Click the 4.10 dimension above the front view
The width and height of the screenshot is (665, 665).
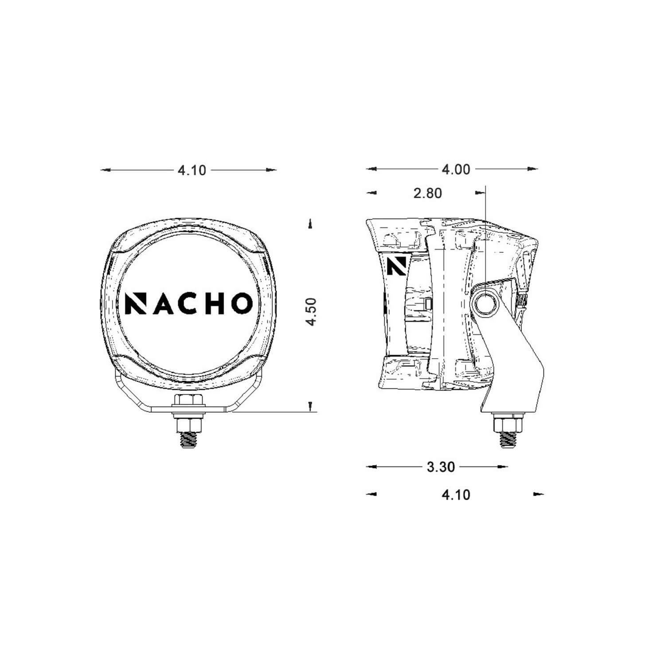point(192,170)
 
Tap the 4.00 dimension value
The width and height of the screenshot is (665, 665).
point(456,169)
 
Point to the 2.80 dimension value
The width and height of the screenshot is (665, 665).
point(427,193)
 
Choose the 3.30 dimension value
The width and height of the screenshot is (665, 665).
point(441,467)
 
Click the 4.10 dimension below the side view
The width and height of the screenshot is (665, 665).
point(456,494)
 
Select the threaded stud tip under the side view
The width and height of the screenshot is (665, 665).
point(508,439)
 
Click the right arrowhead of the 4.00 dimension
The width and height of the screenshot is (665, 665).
point(533,169)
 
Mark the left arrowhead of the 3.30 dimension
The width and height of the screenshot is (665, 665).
point(371,466)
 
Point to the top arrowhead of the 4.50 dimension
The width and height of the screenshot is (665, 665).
point(310,224)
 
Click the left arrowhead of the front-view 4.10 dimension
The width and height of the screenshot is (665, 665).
point(105,170)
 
